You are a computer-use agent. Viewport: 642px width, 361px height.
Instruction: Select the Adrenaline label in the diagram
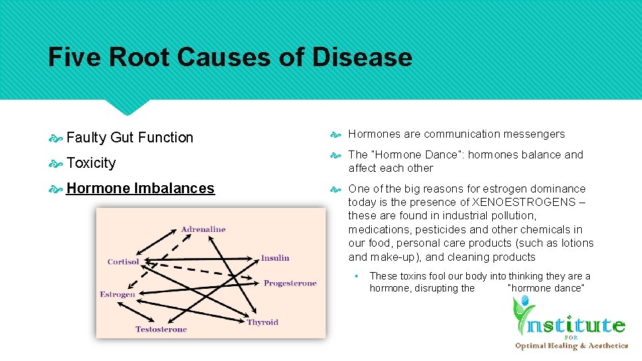(x=203, y=229)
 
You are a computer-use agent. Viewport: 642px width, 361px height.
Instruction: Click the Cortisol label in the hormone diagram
(x=123, y=262)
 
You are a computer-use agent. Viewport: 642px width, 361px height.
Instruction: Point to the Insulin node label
(x=275, y=258)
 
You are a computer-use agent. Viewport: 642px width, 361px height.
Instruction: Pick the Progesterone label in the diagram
(x=290, y=283)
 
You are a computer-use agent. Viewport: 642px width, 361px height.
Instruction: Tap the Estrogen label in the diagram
(x=118, y=294)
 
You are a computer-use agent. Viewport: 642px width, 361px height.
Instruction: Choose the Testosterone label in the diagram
(x=161, y=329)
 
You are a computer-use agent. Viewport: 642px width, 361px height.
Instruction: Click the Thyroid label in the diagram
(x=262, y=322)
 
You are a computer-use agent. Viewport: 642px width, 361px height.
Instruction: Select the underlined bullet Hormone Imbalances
(x=140, y=189)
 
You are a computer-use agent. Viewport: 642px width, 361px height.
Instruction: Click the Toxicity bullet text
(x=91, y=163)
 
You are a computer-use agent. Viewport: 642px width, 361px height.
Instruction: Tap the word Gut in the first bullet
(x=122, y=138)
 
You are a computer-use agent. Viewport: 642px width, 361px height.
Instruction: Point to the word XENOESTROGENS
(x=527, y=202)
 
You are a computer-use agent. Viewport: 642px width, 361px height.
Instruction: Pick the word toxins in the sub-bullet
(x=413, y=276)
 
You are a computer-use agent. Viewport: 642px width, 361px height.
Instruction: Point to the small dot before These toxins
(x=358, y=276)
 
